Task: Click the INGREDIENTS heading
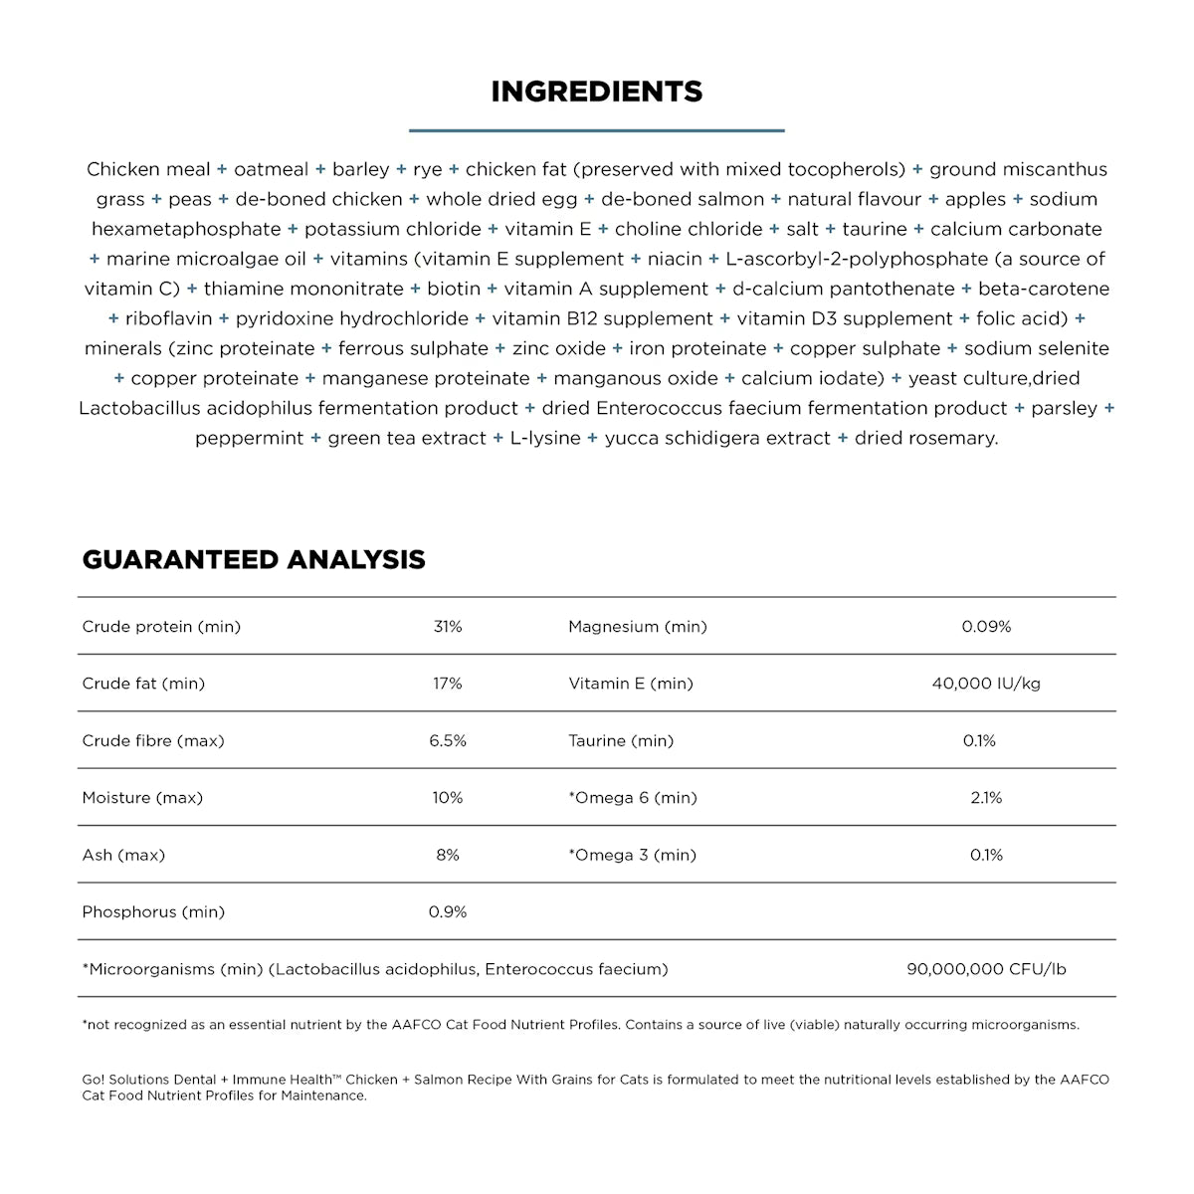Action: pos(597,92)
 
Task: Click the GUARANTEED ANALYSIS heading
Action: pos(254,560)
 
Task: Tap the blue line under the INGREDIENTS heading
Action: pos(597,130)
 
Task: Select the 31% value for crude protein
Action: pos(448,627)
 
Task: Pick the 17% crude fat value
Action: pos(448,684)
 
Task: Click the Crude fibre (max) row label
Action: pos(153,741)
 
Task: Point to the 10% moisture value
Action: pos(448,798)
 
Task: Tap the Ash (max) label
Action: pos(123,856)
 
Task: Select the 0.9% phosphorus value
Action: pos(448,912)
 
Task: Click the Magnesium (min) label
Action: pos(638,627)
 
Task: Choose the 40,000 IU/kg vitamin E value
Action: pos(986,684)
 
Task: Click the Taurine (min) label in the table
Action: pos(621,741)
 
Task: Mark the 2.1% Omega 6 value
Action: pos(986,798)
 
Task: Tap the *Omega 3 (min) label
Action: pos(632,856)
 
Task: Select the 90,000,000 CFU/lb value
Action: pos(986,969)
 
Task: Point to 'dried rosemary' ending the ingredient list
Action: pos(925,439)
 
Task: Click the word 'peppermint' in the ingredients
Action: pos(249,439)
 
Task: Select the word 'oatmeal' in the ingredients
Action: pos(271,170)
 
